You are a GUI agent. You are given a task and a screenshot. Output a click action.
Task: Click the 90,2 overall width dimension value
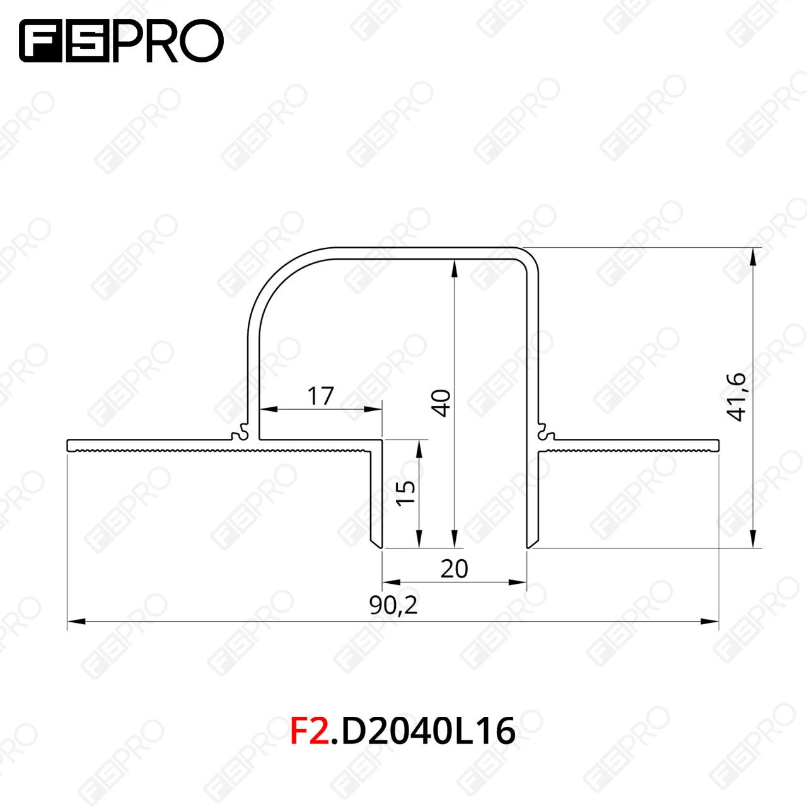pos(393,605)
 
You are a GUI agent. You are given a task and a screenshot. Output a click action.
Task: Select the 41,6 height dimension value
pos(736,397)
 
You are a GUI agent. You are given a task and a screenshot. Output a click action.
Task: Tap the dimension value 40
pos(441,403)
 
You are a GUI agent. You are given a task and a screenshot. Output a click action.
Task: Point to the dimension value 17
pos(320,396)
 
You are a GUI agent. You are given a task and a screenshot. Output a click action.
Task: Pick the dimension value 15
pos(405,493)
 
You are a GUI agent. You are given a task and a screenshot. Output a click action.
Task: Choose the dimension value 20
pos(455,569)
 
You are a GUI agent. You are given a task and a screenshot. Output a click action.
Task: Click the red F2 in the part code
pos(310,731)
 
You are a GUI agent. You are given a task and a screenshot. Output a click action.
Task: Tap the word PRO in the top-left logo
pos(168,40)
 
